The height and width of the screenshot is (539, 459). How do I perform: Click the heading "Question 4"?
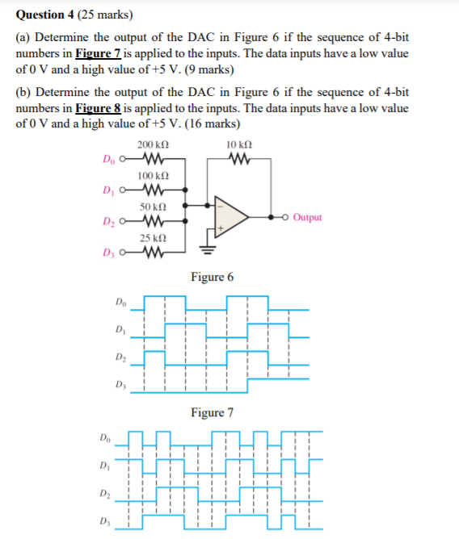click(52, 14)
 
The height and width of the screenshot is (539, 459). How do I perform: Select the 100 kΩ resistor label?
click(153, 175)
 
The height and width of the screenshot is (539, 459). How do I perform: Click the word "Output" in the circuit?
click(307, 217)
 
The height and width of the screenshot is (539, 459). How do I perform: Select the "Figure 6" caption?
click(213, 277)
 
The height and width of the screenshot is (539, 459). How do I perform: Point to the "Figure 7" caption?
click(213, 412)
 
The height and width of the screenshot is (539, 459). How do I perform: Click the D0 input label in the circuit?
click(110, 160)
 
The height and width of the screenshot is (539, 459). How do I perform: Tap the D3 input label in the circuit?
click(110, 258)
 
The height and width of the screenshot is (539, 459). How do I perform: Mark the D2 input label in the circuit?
click(110, 222)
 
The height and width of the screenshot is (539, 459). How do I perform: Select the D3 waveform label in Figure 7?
click(121, 383)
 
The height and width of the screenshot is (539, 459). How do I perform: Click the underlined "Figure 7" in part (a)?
click(99, 53)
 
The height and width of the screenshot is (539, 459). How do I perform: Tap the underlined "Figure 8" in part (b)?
click(99, 108)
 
